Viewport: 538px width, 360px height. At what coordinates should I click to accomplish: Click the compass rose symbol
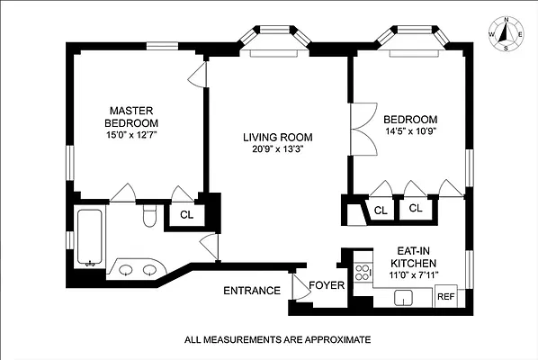507,34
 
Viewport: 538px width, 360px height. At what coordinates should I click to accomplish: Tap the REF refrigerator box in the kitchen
446,296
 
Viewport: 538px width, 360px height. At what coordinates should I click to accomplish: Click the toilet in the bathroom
149,215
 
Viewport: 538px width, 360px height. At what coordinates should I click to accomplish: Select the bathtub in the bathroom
90,237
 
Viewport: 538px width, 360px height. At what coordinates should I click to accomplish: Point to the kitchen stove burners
363,273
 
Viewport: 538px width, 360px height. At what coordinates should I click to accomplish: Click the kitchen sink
403,298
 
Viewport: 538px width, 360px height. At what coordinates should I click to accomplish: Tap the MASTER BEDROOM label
131,117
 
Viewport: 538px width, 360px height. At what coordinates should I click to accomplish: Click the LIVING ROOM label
278,138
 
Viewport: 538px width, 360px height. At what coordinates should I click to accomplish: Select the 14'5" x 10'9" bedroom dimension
410,131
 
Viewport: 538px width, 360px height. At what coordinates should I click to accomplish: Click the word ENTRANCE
252,291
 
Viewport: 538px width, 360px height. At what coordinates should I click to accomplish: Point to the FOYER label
327,285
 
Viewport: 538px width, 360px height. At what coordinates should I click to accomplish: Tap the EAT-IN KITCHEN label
414,257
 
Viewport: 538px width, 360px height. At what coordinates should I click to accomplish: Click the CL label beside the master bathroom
186,215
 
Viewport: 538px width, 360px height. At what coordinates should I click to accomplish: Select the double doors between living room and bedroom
363,129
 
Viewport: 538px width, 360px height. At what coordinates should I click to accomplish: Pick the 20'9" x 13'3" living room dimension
278,149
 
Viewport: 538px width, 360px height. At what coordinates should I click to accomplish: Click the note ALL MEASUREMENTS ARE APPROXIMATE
278,340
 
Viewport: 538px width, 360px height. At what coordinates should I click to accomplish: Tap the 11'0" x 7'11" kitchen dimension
414,274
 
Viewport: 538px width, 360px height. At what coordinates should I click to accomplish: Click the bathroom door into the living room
209,247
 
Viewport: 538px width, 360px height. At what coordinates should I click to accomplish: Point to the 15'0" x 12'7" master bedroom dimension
131,135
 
